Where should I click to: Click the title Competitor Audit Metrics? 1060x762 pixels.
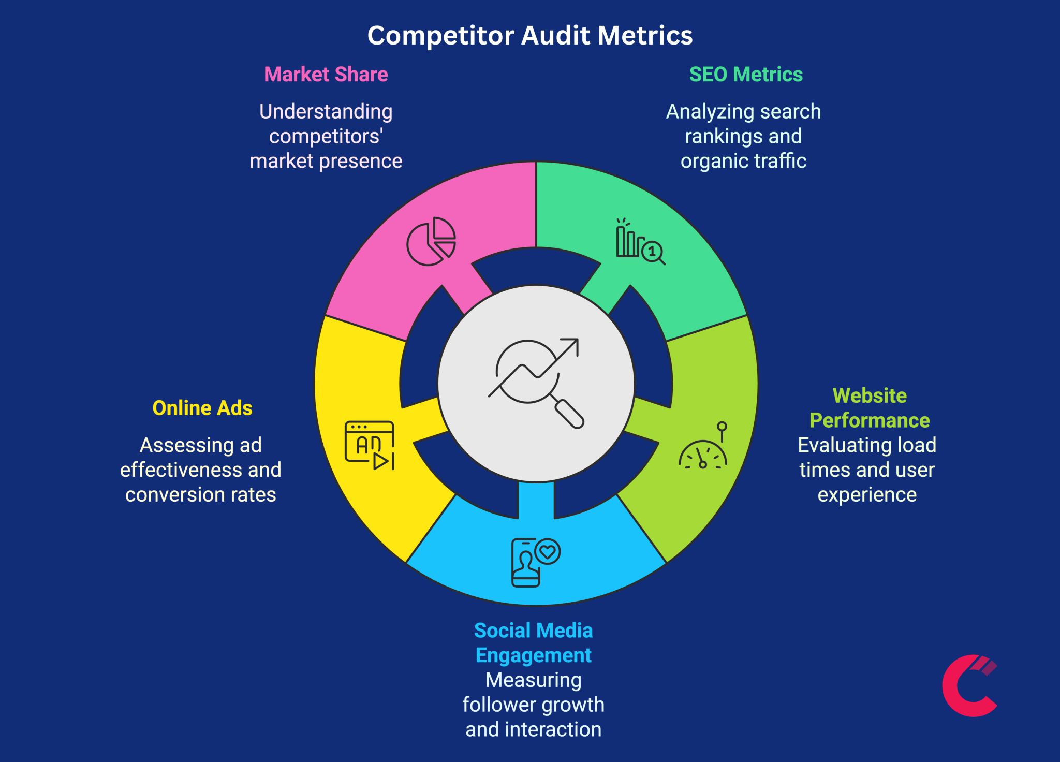(529, 36)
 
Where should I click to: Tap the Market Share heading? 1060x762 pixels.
(326, 75)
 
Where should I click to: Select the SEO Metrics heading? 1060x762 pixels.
(746, 75)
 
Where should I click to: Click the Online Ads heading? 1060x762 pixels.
(202, 408)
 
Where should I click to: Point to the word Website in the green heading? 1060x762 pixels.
(870, 395)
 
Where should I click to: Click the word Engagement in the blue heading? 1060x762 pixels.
(533, 655)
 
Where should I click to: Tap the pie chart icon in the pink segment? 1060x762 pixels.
(431, 241)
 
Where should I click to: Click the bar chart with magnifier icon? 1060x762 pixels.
(640, 242)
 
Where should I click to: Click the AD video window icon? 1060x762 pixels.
(370, 445)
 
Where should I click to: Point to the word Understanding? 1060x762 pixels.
(326, 112)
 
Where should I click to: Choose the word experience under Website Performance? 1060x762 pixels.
(867, 495)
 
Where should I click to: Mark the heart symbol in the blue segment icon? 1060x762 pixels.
(548, 552)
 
